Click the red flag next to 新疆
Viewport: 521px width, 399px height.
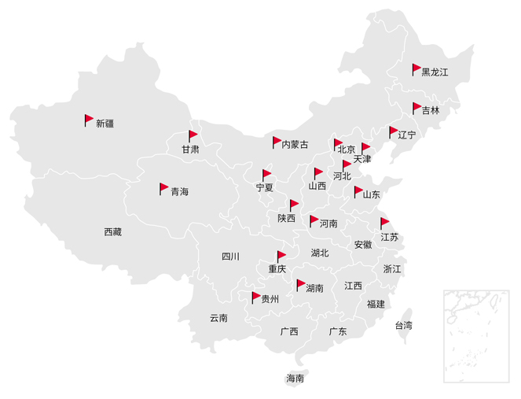click(x=89, y=120)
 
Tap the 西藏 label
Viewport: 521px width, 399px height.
click(x=113, y=231)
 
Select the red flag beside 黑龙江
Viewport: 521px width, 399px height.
click(x=416, y=68)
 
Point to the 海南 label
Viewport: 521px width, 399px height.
click(x=295, y=379)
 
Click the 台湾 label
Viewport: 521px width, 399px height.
click(x=403, y=325)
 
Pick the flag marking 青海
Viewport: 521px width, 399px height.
click(x=163, y=188)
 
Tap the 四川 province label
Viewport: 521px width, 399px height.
click(x=230, y=256)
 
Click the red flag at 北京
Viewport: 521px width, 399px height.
click(x=338, y=144)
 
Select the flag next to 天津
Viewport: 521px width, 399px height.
click(x=365, y=148)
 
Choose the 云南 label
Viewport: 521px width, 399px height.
click(x=218, y=318)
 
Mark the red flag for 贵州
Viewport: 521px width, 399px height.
click(x=255, y=297)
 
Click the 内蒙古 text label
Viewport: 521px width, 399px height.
click(x=295, y=144)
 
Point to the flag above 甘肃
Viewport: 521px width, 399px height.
click(x=193, y=135)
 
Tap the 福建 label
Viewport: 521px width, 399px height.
click(x=376, y=304)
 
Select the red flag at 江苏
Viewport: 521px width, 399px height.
click(x=384, y=223)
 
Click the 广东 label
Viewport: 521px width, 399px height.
click(x=338, y=331)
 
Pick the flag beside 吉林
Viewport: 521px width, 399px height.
click(x=416, y=107)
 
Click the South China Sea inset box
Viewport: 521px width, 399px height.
click(x=477, y=334)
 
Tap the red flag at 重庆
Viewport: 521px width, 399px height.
click(x=281, y=256)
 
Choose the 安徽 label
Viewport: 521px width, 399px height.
click(x=363, y=245)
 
